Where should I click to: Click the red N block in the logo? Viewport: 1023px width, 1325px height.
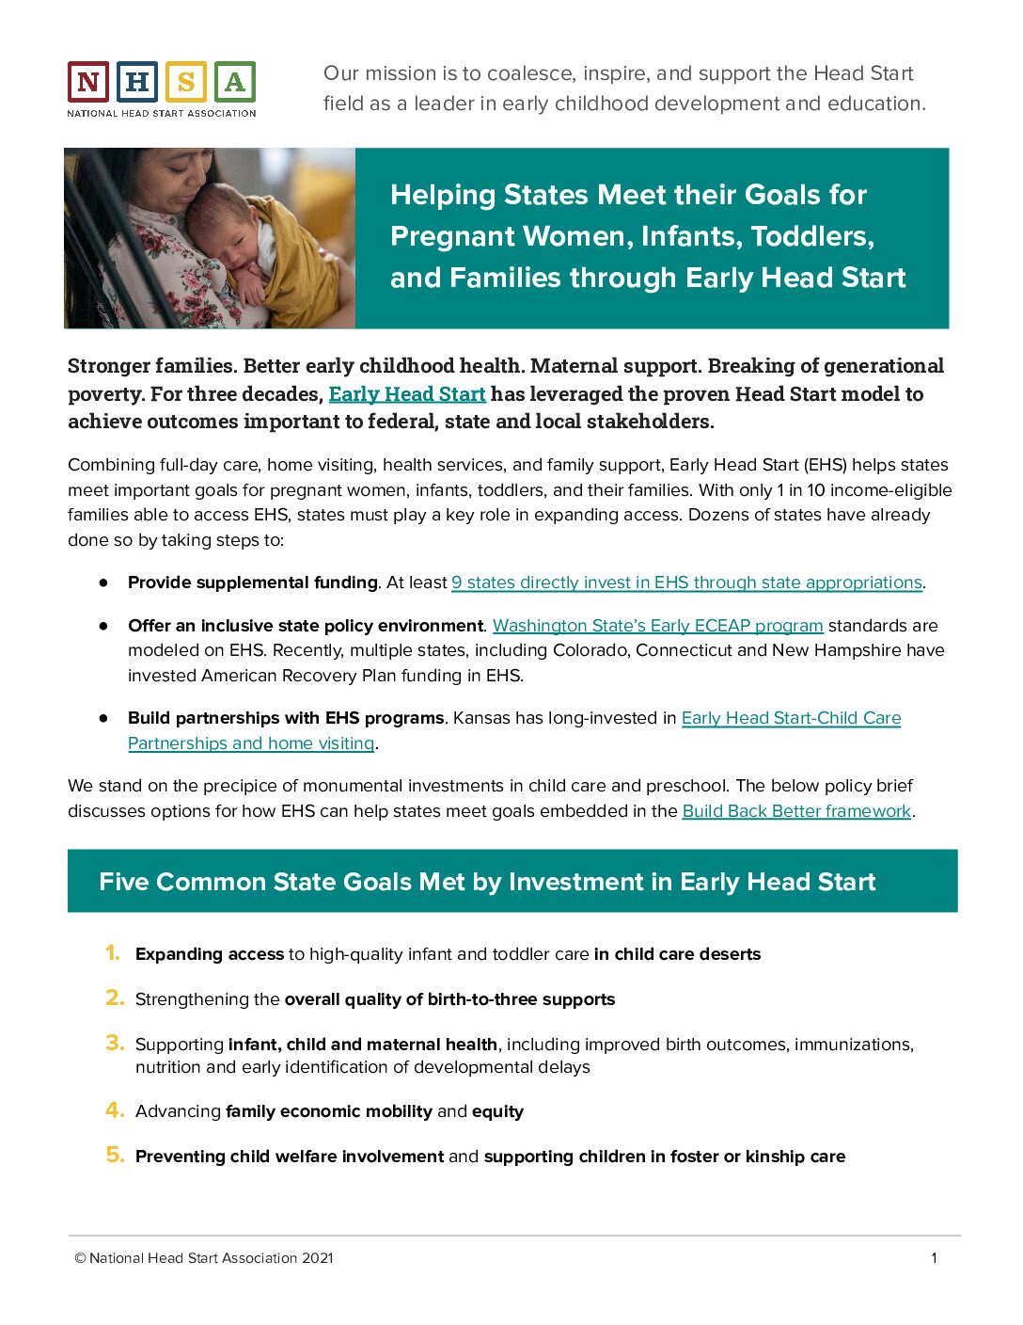tap(87, 83)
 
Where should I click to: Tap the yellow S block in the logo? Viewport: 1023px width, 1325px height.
tap(185, 83)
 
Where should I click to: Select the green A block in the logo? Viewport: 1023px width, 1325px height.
tap(235, 83)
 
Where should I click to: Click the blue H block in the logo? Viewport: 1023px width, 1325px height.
tap(136, 83)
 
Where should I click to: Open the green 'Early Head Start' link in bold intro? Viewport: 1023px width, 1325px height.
tap(406, 393)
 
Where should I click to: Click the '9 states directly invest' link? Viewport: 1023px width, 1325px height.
tap(686, 583)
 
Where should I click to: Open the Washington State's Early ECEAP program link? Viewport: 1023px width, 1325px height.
tap(657, 626)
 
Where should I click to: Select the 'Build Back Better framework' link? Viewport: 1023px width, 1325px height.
tap(796, 811)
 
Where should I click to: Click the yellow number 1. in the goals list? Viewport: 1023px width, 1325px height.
tap(113, 953)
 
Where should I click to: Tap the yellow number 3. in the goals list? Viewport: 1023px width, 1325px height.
tap(114, 1043)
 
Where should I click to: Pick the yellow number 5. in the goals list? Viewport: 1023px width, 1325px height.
tap(114, 1155)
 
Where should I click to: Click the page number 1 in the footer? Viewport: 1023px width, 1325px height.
tap(934, 1258)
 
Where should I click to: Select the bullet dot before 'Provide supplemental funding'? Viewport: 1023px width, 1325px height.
tap(103, 583)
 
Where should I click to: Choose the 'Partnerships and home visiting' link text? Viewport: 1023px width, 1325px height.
tap(251, 743)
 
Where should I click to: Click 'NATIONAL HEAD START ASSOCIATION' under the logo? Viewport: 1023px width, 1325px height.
tap(161, 113)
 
